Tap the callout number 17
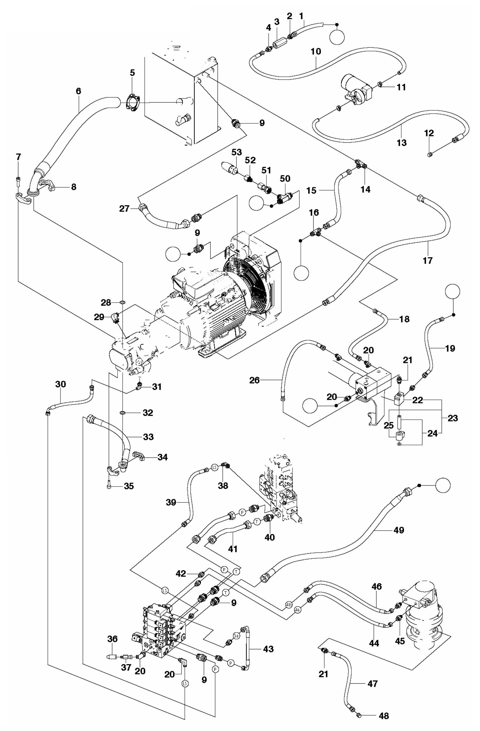[x=427, y=260]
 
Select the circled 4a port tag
[x=297, y=618]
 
